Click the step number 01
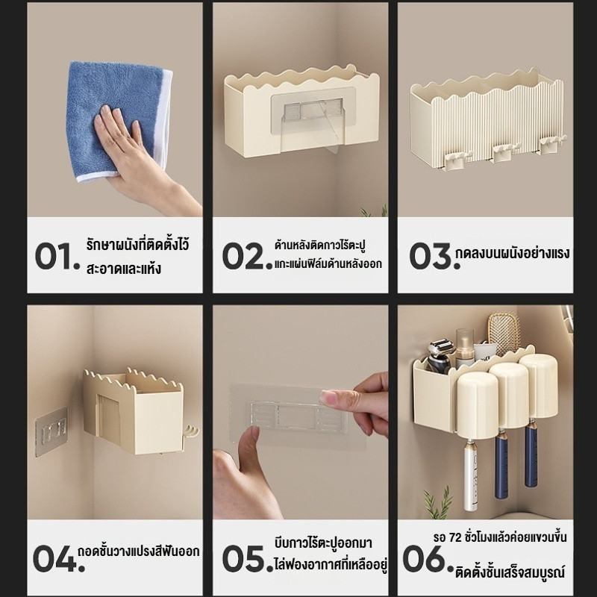tap(57, 256)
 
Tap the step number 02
tap(248, 256)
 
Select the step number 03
tap(434, 256)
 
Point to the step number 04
tap(59, 558)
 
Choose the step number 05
tap(248, 558)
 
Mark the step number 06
tap(429, 558)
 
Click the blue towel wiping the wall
tap(119, 121)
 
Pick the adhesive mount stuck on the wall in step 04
tap(51, 432)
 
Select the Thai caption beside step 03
tap(513, 253)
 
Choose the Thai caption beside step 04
tap(139, 551)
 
